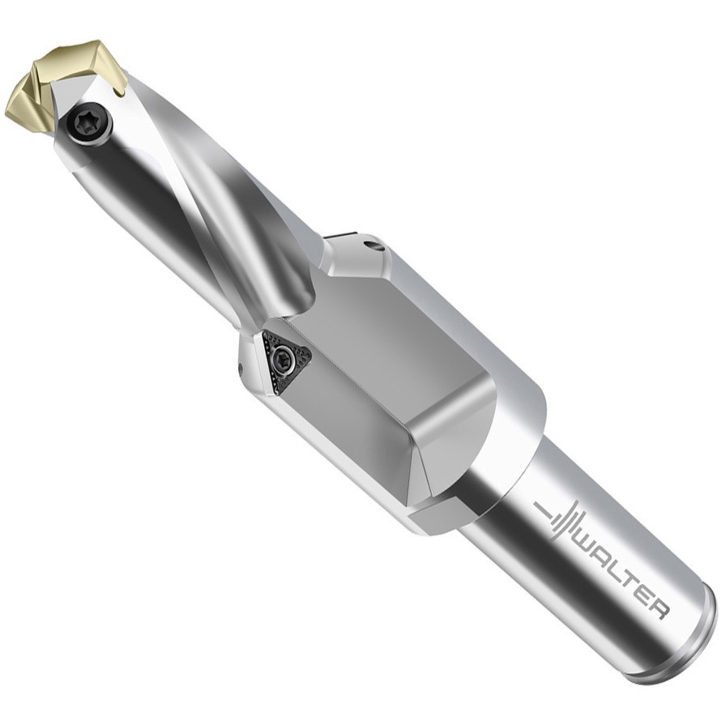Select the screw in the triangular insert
click(282, 357)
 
